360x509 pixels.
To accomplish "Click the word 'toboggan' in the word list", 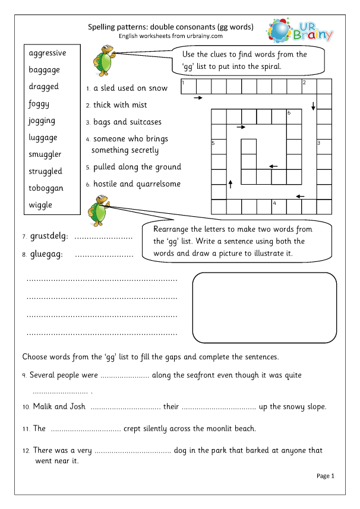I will (x=46, y=188).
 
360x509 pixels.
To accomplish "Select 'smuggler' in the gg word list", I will (x=45, y=154).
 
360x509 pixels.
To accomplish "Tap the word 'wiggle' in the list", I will (x=40, y=205).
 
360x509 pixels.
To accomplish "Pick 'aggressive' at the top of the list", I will (x=48, y=53).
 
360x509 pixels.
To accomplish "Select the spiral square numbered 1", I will (x=188, y=87).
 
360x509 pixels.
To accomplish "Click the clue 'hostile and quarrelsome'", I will (x=137, y=184).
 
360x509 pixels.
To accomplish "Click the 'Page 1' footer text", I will (x=326, y=476).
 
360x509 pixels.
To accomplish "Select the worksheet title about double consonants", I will (x=170, y=27).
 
